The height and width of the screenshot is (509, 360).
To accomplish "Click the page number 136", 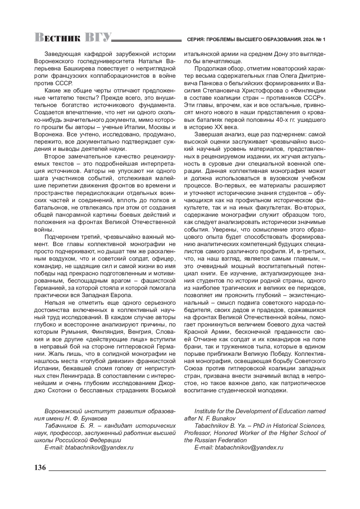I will coord(40,468).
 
